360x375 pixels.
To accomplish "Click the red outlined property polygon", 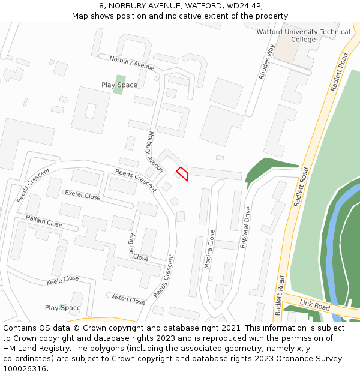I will point(183,173).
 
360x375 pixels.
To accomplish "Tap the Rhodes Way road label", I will point(266,62).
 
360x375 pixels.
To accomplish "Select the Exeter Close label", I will point(82,195).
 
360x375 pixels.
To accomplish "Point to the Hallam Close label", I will point(44,221).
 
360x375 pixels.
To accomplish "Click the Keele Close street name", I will point(62,280).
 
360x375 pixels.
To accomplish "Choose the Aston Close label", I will point(128,299).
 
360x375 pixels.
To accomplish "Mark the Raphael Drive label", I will point(245,228).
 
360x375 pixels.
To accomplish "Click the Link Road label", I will point(315,306).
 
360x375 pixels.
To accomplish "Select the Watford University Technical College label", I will point(303,35).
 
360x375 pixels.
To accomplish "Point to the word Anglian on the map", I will point(132,244).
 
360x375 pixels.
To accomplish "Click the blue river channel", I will point(332,252).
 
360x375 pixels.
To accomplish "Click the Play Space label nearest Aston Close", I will point(62,308).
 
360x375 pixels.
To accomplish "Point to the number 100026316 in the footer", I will point(24,369).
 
